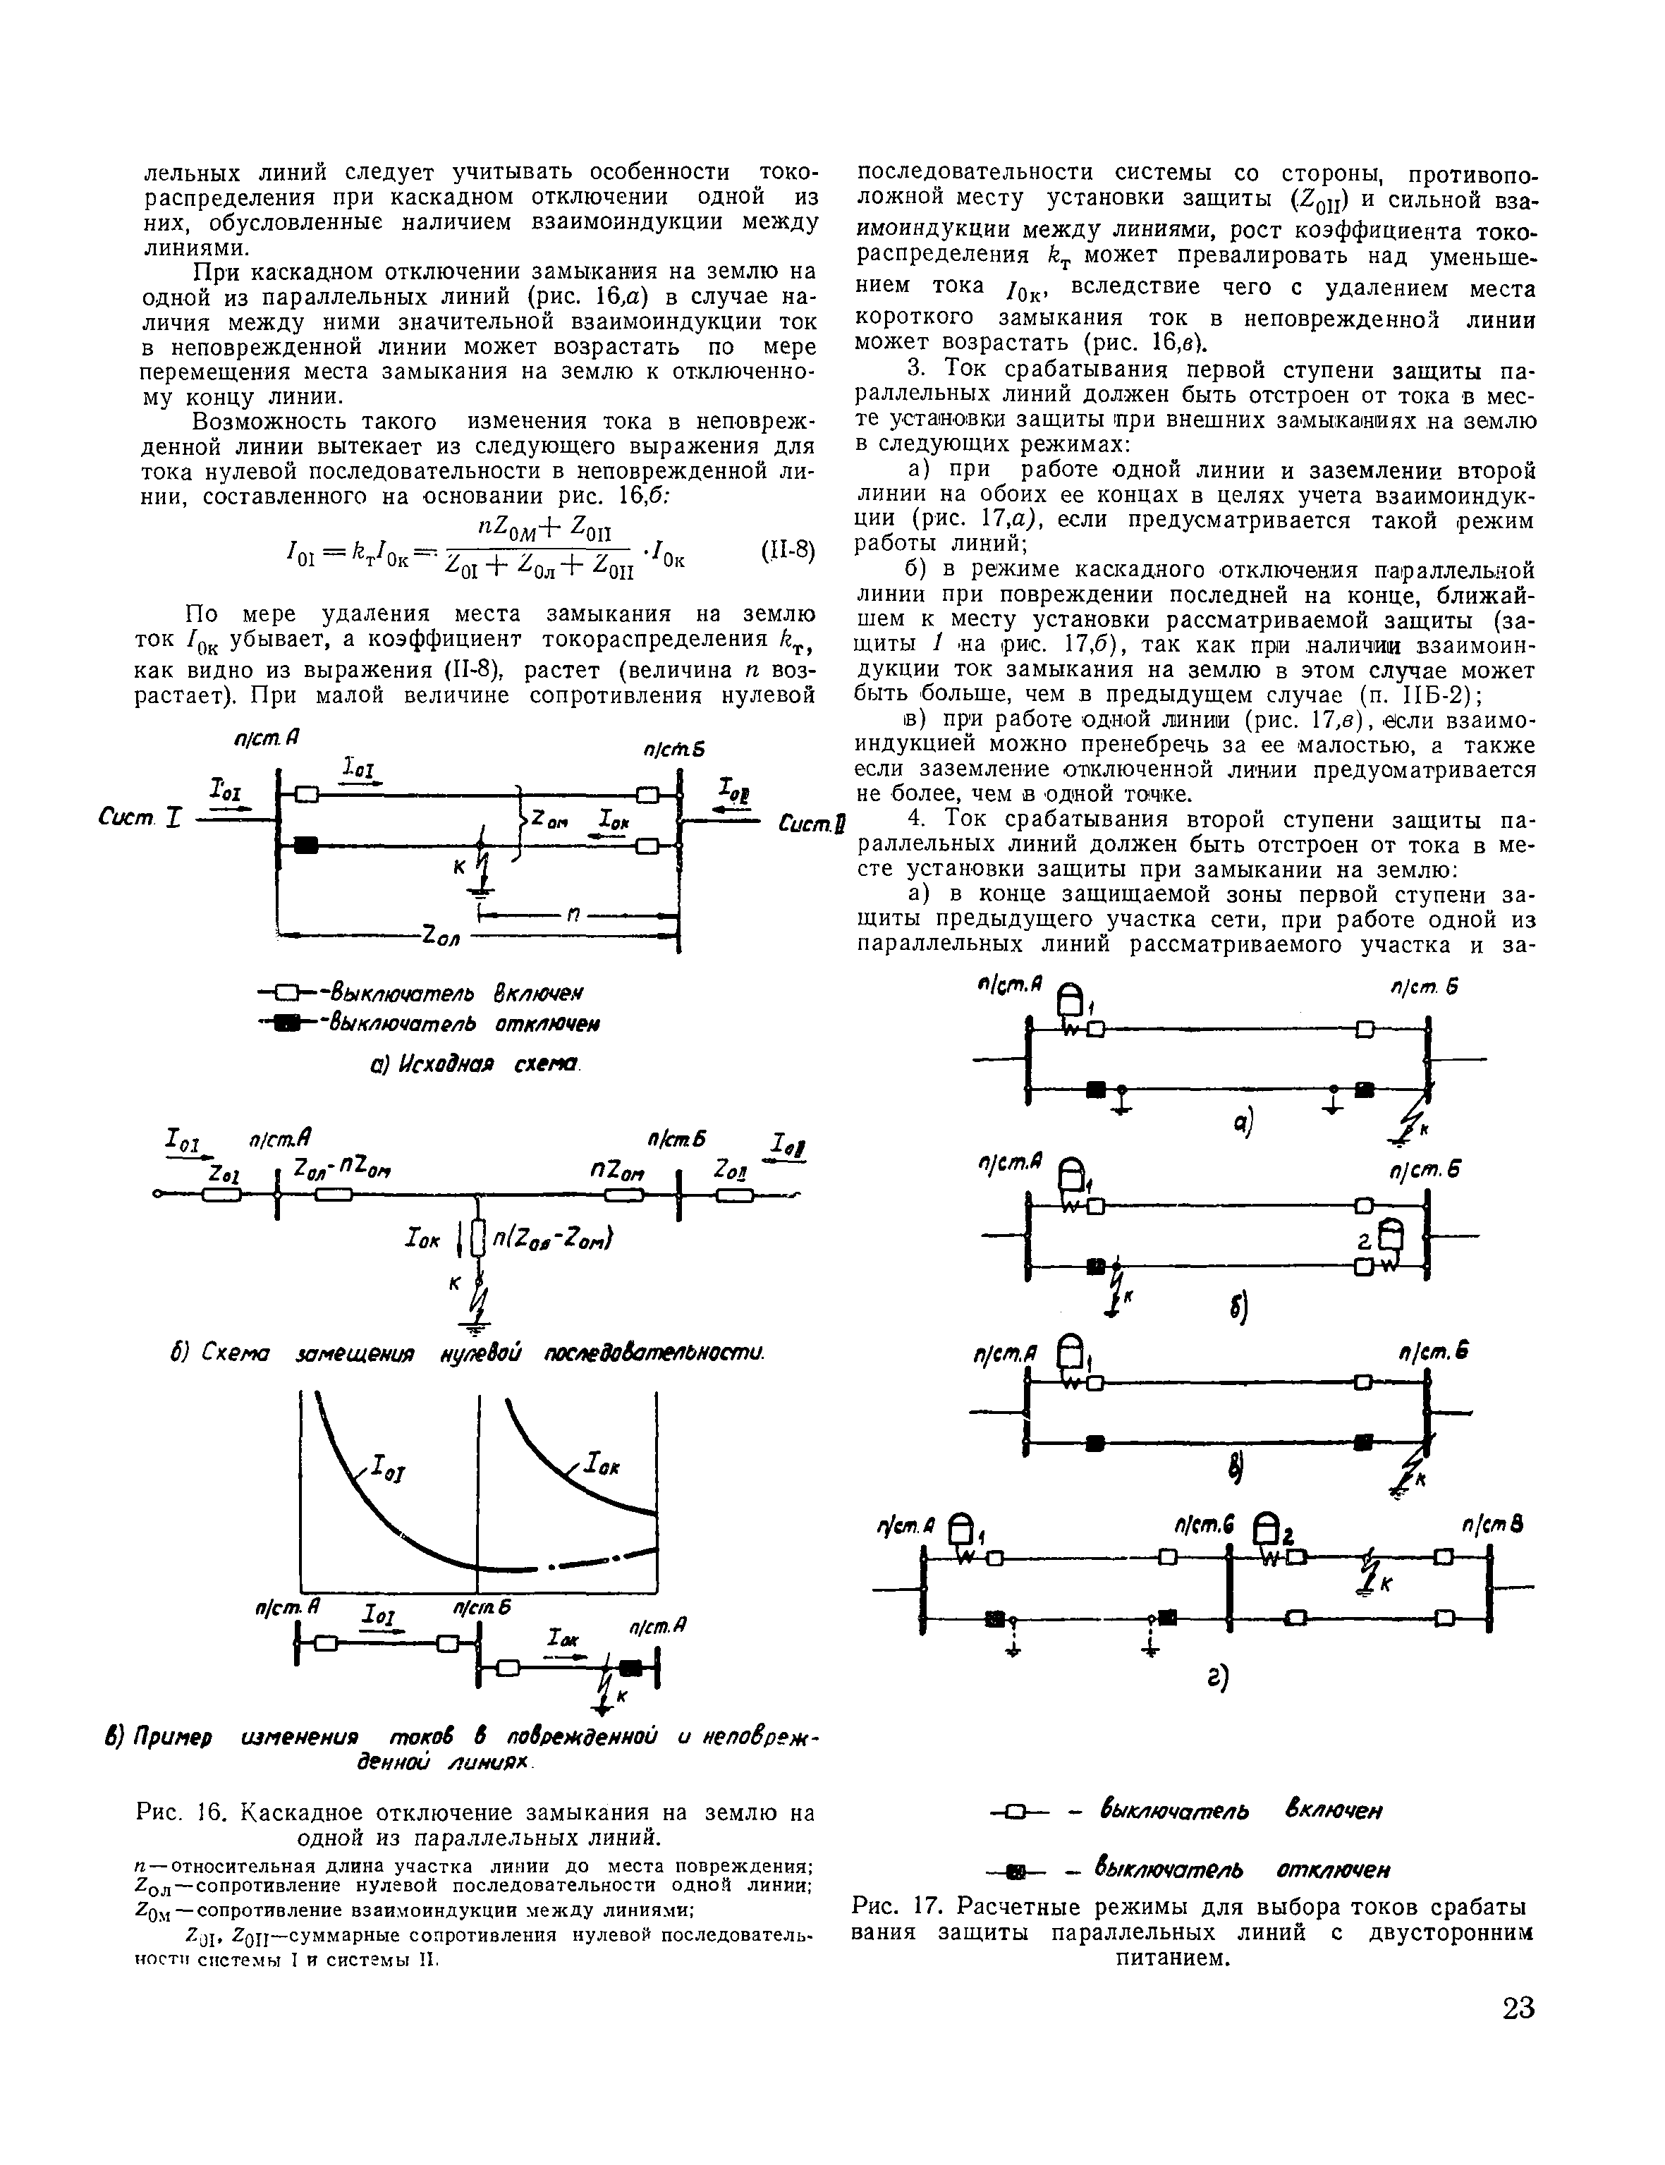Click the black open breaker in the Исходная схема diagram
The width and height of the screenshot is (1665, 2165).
click(306, 845)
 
